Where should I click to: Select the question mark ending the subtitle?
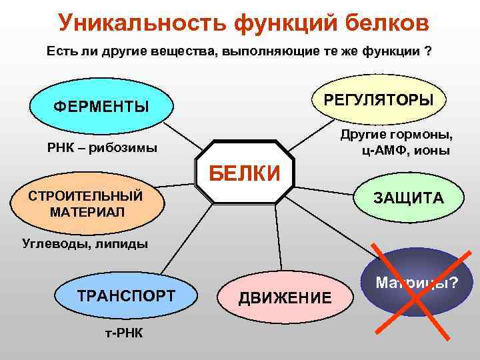click(427, 51)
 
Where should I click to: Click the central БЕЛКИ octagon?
click(245, 172)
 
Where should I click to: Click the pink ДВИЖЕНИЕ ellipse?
click(285, 297)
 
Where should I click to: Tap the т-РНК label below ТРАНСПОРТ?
click(124, 332)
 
